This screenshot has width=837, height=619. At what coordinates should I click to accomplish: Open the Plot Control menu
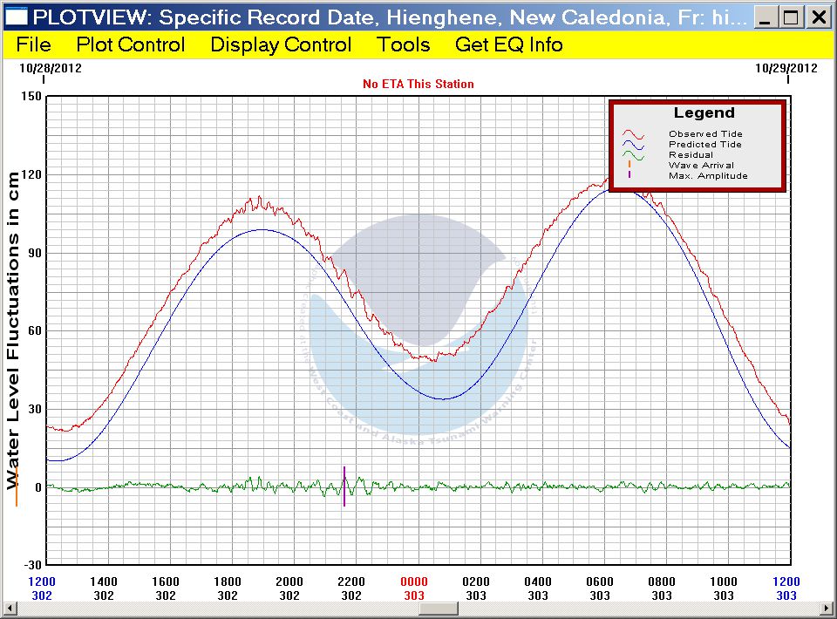131,44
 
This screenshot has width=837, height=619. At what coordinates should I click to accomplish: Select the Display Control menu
281,44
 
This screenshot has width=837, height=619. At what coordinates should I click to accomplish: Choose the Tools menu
404,44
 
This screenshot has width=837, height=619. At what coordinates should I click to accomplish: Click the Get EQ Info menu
509,44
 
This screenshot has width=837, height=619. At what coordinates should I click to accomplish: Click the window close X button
818,17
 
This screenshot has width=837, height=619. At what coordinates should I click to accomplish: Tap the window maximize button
792,17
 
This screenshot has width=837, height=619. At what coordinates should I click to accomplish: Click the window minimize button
766,17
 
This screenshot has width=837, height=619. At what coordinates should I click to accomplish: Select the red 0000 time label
414,582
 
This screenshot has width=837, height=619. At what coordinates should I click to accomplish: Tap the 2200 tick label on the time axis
351,582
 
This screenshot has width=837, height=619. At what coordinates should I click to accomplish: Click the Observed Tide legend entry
705,133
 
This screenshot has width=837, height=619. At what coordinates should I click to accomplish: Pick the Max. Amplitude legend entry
708,175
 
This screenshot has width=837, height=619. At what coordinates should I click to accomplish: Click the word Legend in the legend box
704,113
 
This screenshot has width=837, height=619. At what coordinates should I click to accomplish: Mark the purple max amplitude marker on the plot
344,486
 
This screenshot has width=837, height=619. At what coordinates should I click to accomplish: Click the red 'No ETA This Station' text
418,84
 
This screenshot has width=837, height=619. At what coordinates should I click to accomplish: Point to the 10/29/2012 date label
786,67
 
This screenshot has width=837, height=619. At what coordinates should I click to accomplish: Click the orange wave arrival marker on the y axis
16,486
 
